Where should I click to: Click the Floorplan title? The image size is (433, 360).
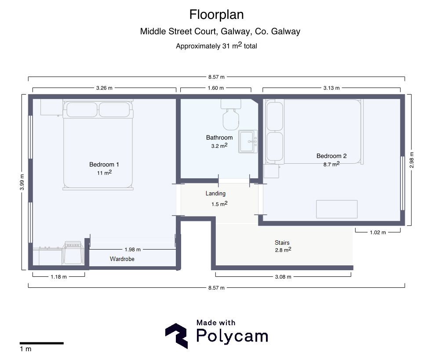click(x=216, y=15)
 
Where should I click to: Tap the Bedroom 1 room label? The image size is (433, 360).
click(x=104, y=165)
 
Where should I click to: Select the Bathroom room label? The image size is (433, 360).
click(x=219, y=137)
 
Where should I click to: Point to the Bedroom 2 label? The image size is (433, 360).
click(x=331, y=156)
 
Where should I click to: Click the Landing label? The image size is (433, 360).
click(x=215, y=194)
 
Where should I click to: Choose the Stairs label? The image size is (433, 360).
click(x=282, y=242)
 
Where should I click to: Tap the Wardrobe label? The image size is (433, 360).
click(x=122, y=259)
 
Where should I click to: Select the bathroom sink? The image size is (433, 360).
click(x=248, y=142)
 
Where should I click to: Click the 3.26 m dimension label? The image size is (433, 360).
click(x=104, y=88)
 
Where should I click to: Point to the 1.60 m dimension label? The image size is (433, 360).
click(x=216, y=88)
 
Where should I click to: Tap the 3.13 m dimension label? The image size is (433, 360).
click(x=331, y=88)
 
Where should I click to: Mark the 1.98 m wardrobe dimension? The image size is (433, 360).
click(x=133, y=250)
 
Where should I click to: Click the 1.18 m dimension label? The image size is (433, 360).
click(x=58, y=277)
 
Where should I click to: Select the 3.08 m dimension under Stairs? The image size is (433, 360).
click(x=283, y=277)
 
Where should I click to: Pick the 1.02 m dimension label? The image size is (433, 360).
click(x=378, y=232)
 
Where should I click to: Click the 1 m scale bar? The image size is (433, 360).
click(x=42, y=343)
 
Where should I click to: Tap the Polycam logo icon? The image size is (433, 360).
click(x=177, y=336)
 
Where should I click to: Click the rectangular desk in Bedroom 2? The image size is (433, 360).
click(x=337, y=209)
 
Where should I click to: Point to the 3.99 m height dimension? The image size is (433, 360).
click(x=22, y=182)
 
